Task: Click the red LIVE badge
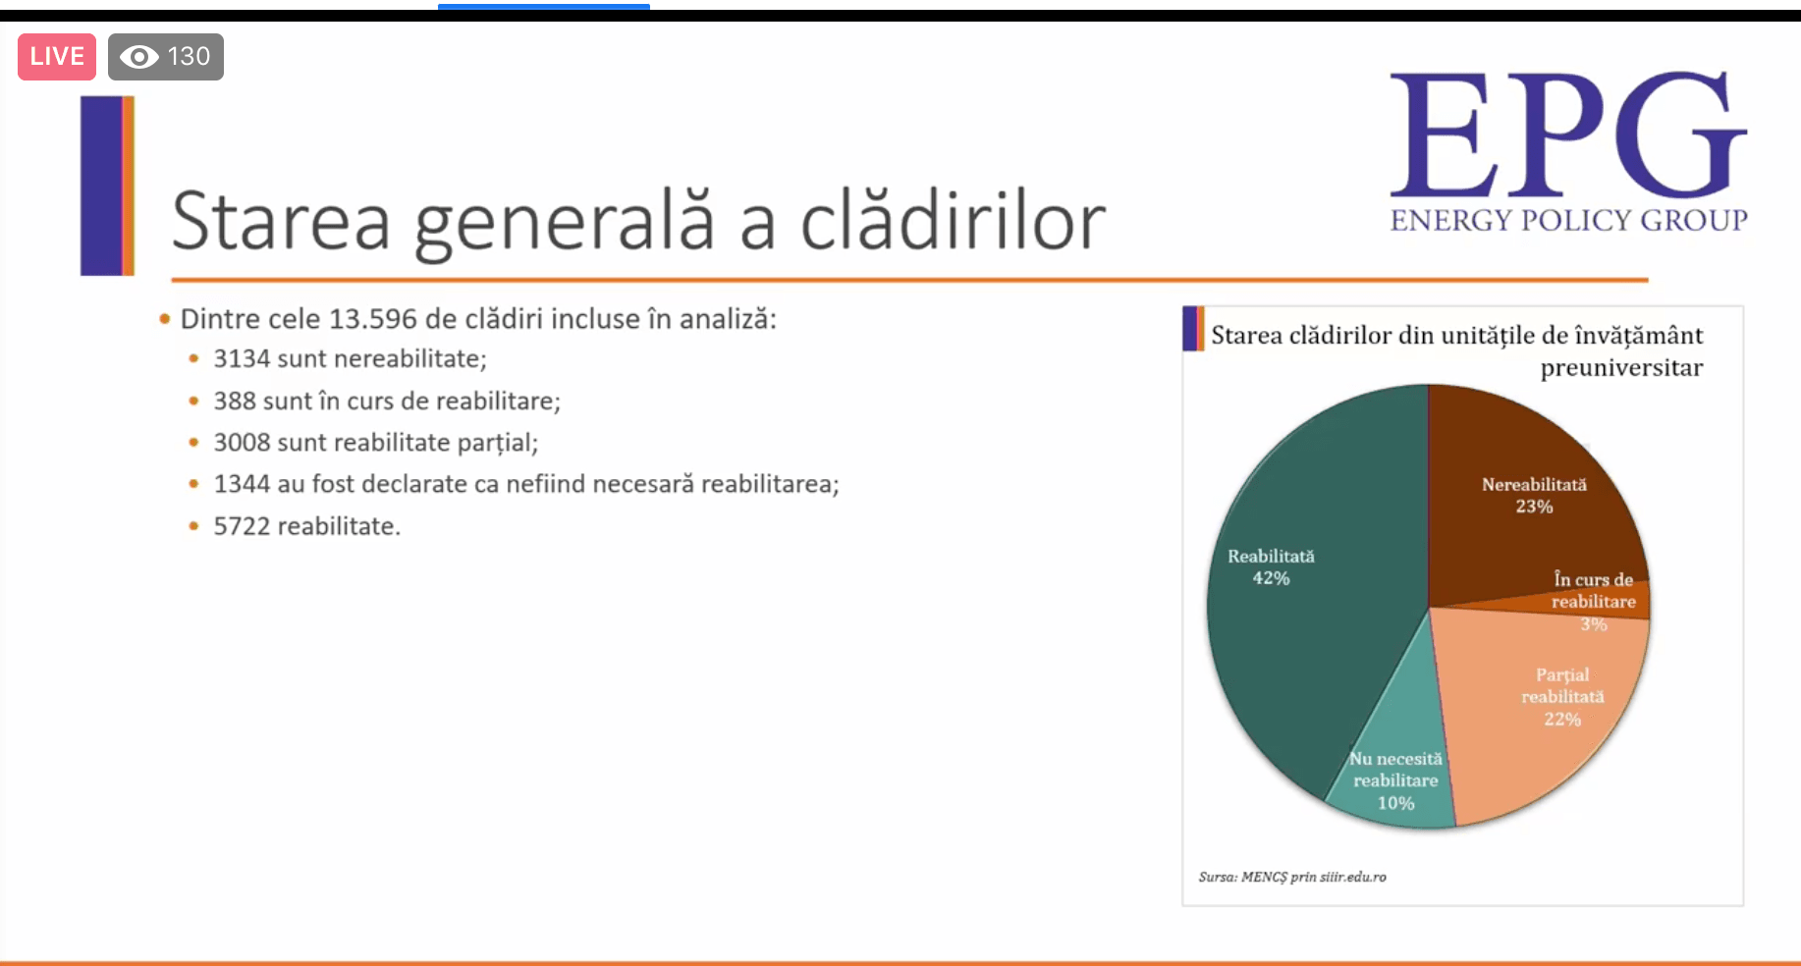point(57,57)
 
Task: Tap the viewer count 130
point(189,57)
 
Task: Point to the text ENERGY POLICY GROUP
point(1568,220)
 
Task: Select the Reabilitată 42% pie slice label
point(1271,567)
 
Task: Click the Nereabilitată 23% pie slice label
point(1534,496)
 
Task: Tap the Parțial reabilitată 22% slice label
point(1562,697)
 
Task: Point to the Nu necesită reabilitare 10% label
point(1395,780)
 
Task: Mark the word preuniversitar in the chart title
point(1621,368)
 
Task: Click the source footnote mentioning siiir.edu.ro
point(1292,877)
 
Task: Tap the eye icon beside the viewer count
point(138,57)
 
